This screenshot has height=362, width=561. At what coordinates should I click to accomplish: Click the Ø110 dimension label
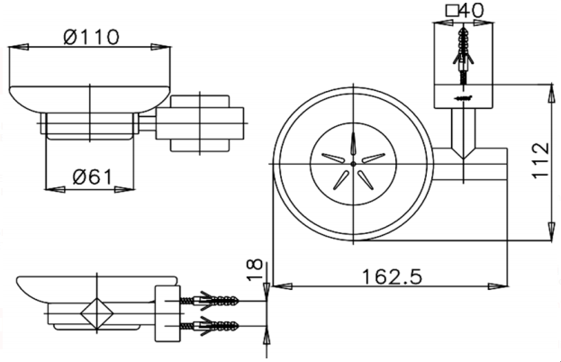click(x=91, y=37)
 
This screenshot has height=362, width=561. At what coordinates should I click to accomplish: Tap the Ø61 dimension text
click(x=93, y=176)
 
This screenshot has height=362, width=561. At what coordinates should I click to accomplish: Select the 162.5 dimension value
click(x=392, y=276)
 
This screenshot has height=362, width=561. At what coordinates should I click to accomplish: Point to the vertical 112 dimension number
click(x=540, y=160)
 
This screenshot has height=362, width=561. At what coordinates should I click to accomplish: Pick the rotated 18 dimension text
click(x=255, y=270)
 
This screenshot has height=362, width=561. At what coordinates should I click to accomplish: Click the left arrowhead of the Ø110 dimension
click(x=18, y=47)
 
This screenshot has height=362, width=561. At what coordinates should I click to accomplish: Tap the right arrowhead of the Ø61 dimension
click(x=124, y=189)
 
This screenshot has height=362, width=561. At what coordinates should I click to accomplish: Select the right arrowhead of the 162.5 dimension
click(x=498, y=286)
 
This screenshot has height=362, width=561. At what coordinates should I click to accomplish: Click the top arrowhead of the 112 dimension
click(x=552, y=94)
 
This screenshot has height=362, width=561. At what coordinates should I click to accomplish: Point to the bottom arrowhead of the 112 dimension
click(x=552, y=231)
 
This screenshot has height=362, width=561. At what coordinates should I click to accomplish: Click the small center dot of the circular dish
click(x=354, y=164)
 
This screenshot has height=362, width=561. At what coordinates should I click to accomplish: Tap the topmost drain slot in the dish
click(x=354, y=143)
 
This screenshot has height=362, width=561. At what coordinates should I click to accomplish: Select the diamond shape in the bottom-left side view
click(x=97, y=313)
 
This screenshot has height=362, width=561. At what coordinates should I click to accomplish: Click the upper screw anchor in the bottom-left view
click(x=209, y=301)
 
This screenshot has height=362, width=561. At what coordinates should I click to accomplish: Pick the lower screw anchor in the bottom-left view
click(x=209, y=325)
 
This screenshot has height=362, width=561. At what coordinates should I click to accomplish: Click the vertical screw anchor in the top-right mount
click(x=464, y=56)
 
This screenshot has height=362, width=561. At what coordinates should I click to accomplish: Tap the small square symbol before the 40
click(x=453, y=11)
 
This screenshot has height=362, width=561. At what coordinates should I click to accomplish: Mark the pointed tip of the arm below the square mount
click(x=464, y=158)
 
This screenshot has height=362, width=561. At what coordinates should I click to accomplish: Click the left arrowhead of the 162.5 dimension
click(x=283, y=286)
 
